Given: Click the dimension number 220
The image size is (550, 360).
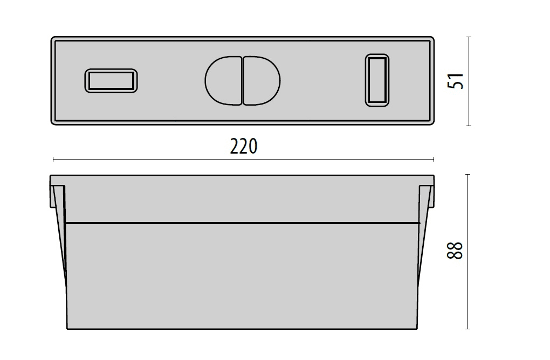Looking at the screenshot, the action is pyautogui.click(x=243, y=147).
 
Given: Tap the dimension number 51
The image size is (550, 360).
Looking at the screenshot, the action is pyautogui.click(x=456, y=81).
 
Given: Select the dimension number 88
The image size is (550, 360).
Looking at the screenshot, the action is pyautogui.click(x=455, y=250).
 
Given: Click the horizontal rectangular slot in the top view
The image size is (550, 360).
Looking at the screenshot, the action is pyautogui.click(x=111, y=81).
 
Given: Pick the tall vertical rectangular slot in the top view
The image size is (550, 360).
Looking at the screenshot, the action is pyautogui.click(x=377, y=80).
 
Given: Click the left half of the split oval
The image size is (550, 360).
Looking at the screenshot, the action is pyautogui.click(x=223, y=81).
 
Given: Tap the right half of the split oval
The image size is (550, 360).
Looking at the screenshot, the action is pyautogui.click(x=262, y=81).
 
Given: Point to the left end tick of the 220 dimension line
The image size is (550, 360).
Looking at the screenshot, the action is pyautogui.click(x=53, y=159).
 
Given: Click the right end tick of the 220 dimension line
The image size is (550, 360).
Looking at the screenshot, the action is pyautogui.click(x=434, y=159).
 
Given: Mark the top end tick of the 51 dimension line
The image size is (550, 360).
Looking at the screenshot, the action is pyautogui.click(x=469, y=37).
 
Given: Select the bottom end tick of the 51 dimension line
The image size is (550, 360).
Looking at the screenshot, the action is pyautogui.click(x=469, y=125).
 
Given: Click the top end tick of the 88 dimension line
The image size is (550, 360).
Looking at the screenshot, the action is pyautogui.click(x=467, y=174).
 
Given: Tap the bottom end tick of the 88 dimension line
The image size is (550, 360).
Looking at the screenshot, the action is pyautogui.click(x=467, y=329).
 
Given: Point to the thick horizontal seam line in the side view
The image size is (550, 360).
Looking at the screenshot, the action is pyautogui.click(x=243, y=223).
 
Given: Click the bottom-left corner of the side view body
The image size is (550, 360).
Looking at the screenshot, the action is pyautogui.click(x=67, y=329).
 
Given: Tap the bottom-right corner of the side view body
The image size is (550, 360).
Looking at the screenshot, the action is pyautogui.click(x=417, y=329).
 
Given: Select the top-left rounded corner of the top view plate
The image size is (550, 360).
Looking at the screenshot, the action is pyautogui.click(x=53, y=38).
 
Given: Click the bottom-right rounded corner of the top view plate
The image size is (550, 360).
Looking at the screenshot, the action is pyautogui.click(x=432, y=123).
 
